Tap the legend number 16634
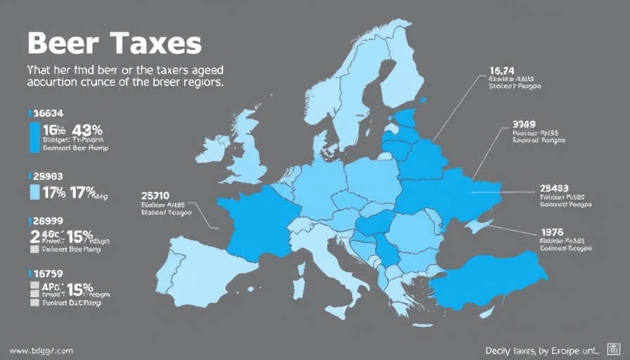[x=49, y=112]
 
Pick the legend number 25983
[x=49, y=176]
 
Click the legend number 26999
[x=49, y=220]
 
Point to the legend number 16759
[x=49, y=273]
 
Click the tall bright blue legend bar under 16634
[x=34, y=137]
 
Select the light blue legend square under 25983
[x=34, y=192]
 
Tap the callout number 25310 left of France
[x=155, y=195]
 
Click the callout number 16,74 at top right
[x=502, y=70]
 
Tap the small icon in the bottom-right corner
[x=612, y=349]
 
